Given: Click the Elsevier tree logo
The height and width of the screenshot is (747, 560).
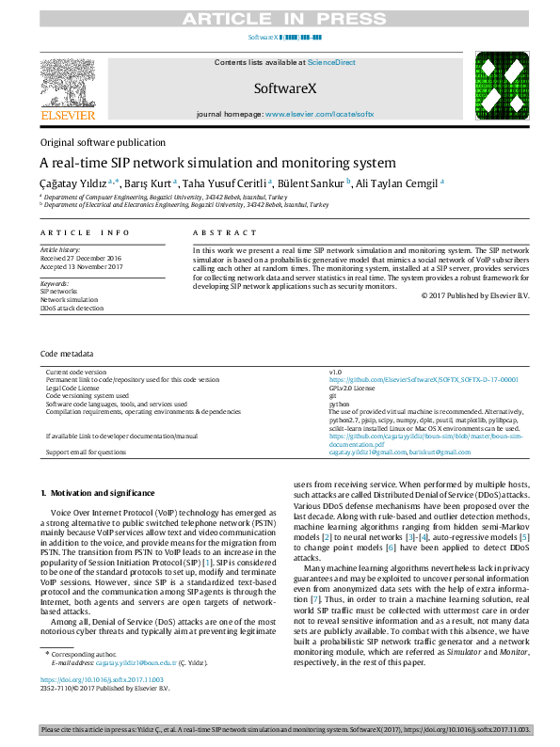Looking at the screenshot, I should click(x=67, y=83).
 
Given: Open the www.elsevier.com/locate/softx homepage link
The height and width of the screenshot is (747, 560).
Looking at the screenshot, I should click(x=319, y=113).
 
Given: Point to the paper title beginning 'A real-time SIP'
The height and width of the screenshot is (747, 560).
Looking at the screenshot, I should click(x=217, y=162).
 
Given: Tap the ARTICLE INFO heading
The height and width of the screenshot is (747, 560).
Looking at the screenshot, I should click(x=85, y=232).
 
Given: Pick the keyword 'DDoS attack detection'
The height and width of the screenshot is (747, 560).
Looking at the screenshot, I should click(x=72, y=308).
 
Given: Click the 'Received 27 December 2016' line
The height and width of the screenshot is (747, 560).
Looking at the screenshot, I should click(x=80, y=257).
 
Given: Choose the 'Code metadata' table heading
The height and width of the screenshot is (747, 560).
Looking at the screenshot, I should click(x=66, y=356).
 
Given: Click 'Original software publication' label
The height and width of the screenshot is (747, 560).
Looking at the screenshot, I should click(x=102, y=142).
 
